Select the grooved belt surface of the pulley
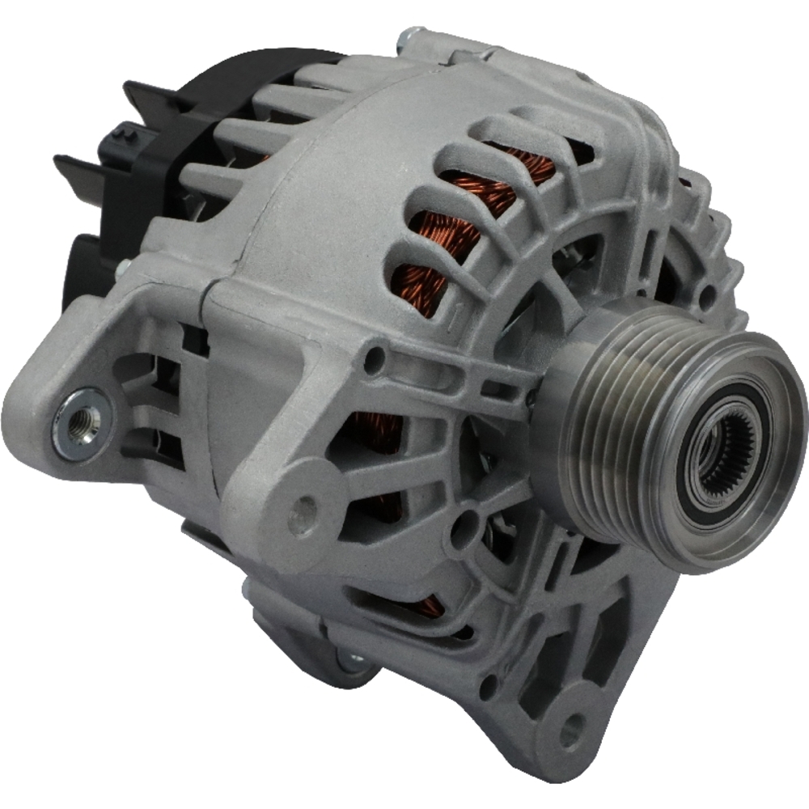pyautogui.click(x=615, y=421)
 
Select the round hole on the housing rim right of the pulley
pyautogui.click(x=706, y=298)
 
